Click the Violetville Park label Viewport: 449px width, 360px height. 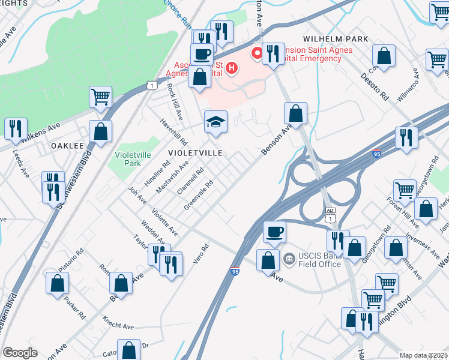128,158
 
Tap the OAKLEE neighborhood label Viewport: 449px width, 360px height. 66,146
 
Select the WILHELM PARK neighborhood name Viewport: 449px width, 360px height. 336,38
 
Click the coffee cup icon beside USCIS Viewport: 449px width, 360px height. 275,231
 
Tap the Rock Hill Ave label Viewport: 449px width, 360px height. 175,102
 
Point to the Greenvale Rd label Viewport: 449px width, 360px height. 199,195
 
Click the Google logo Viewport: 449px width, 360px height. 20,353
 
